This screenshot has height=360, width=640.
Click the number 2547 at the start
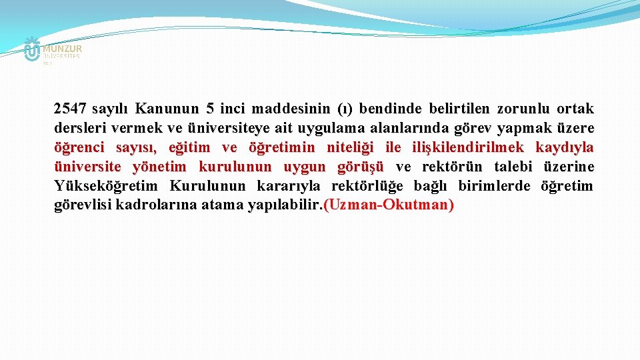[x=70, y=109]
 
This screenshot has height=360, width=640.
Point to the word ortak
[x=574, y=109]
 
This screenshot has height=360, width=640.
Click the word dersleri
[x=77, y=128]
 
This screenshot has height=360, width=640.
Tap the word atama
[x=223, y=205]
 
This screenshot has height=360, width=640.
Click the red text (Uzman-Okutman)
[x=388, y=205]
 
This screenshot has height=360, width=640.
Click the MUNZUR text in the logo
[x=62, y=49]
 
